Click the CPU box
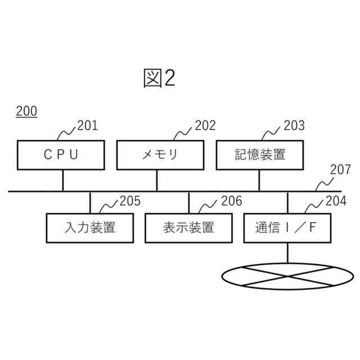[61, 155]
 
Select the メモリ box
[160, 155]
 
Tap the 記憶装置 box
[260, 155]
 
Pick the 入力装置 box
[90, 228]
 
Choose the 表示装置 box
[188, 228]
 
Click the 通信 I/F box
[287, 228]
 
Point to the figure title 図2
[159, 79]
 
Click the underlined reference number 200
[26, 111]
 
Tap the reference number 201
[87, 125]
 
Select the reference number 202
[205, 125]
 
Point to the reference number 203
[294, 125]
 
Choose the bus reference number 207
[340, 169]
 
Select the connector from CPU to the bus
[62, 180]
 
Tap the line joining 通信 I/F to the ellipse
[287, 253]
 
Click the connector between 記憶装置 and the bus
[259, 180]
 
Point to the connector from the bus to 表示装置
[189, 202]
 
